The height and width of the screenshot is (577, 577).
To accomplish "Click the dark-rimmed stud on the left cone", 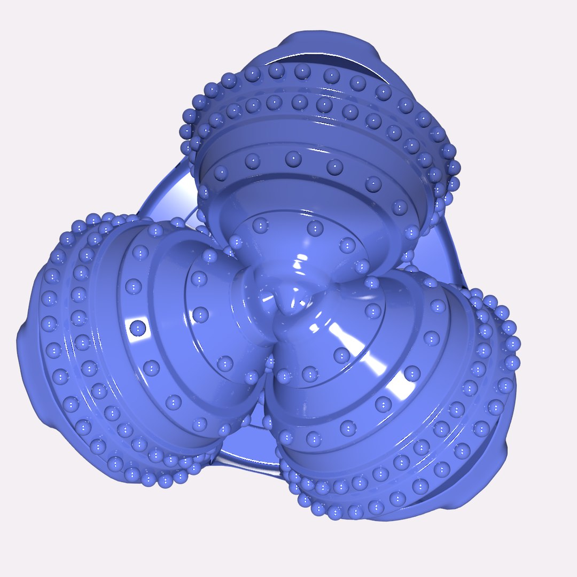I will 138,327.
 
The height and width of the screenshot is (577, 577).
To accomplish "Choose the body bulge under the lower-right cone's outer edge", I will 492,470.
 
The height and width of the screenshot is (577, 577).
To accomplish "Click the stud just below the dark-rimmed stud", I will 151,368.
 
